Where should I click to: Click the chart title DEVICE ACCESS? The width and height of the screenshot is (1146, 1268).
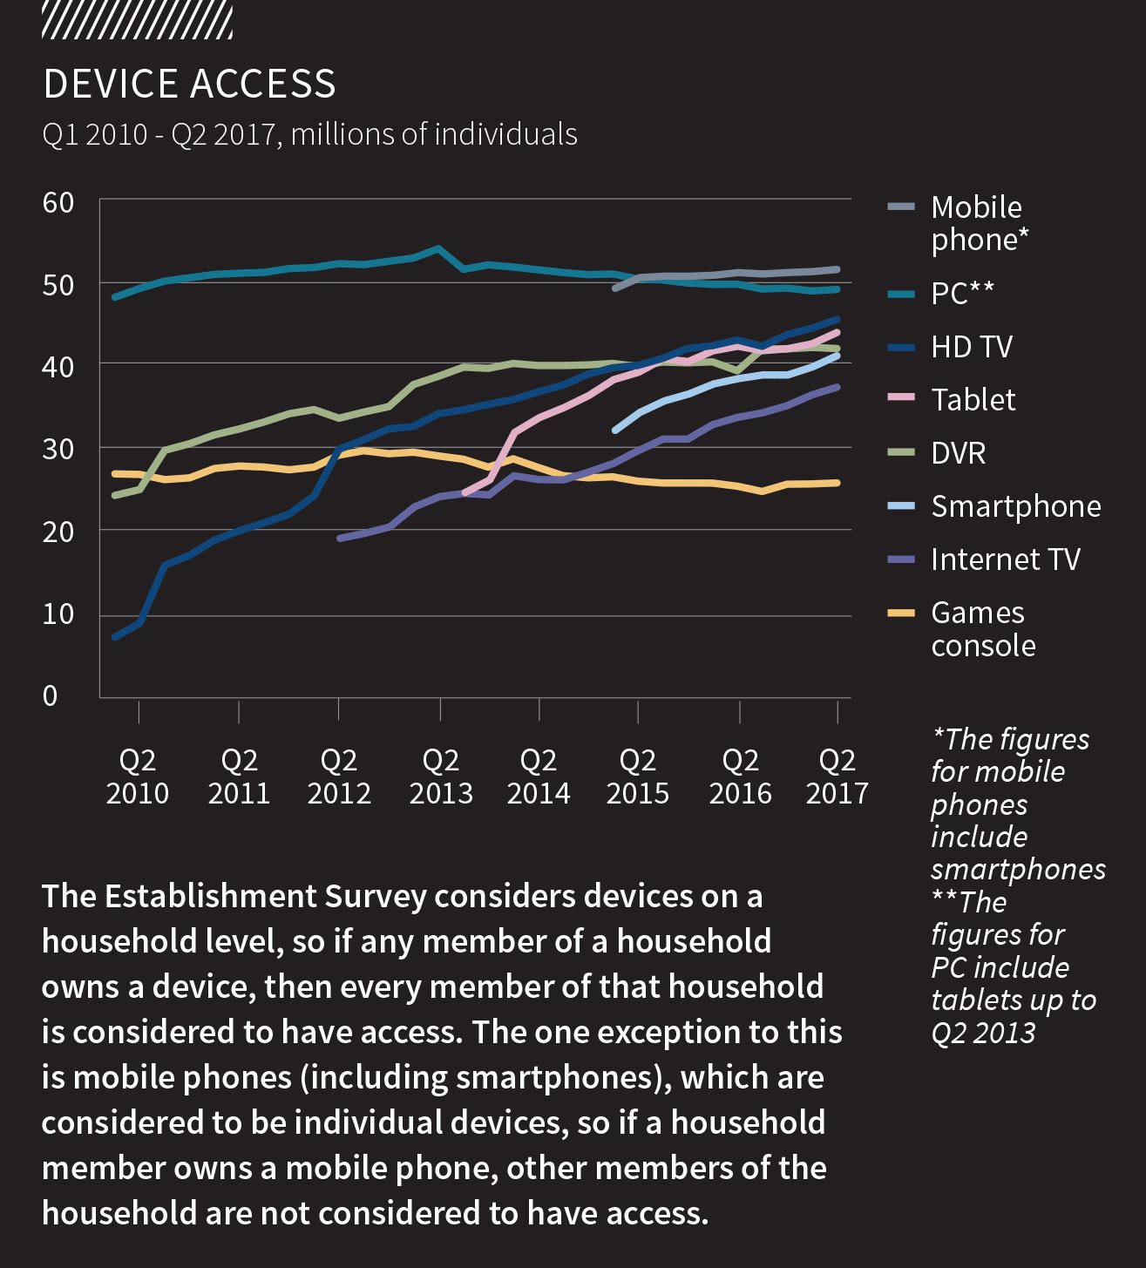(189, 85)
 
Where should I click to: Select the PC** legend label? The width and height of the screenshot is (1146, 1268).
(962, 293)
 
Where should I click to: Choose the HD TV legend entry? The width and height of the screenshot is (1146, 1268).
(972, 347)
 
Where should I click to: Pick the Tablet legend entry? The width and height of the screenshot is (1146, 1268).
(973, 400)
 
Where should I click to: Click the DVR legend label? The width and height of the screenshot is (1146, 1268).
(958, 453)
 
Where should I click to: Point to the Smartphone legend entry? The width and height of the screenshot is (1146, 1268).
(1015, 506)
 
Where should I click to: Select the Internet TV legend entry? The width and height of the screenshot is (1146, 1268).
(1005, 559)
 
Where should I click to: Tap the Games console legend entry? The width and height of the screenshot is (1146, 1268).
(982, 629)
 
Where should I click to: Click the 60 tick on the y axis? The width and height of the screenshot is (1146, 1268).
(58, 203)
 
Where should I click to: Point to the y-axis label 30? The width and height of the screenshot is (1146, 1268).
(58, 450)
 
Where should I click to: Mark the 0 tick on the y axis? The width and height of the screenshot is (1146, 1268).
(51, 695)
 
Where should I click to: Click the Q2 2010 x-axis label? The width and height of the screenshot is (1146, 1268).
(138, 776)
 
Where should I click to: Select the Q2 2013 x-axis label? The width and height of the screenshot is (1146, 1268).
(441, 776)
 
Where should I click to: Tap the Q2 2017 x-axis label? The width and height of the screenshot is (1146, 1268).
(837, 776)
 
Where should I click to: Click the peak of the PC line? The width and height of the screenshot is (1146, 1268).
(438, 248)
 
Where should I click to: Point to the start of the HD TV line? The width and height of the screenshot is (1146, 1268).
(115, 637)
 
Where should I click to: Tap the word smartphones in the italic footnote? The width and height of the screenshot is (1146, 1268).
(1018, 869)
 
